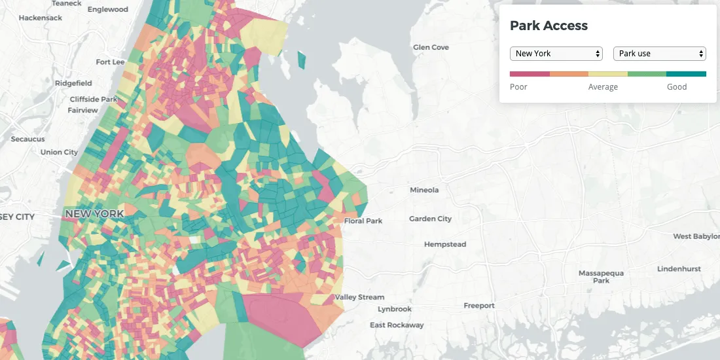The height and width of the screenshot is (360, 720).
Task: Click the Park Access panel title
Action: pos(549,26)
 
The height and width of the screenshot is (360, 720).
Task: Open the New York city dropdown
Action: pos(556,54)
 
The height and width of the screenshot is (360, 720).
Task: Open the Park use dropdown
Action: pos(659,54)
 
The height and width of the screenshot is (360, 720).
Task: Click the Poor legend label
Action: pos(518,87)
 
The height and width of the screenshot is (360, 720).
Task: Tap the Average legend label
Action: pos(603,87)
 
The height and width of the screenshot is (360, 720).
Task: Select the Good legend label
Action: pos(677,87)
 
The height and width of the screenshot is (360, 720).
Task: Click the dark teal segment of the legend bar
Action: pos(687,74)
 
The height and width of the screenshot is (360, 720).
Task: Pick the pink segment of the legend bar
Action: pos(530,74)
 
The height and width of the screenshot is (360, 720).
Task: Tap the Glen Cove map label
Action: pos(431,47)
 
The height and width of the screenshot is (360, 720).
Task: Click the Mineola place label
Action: pos(424,190)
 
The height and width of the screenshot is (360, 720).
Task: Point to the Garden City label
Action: pos(430,219)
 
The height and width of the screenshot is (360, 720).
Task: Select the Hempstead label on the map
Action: pos(445,244)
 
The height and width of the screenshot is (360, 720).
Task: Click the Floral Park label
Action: pos(363,221)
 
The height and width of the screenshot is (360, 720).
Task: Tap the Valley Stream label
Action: pos(360,297)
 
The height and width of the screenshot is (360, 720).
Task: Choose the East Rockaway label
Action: pos(397,325)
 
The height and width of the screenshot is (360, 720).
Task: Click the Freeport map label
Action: pos(479,306)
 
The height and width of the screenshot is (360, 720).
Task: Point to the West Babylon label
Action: pos(696,236)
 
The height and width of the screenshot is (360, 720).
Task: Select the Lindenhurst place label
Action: pos(679,269)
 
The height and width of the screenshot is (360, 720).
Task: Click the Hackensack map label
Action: pos(41,18)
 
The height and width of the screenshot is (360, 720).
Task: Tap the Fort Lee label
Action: pos(110,62)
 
